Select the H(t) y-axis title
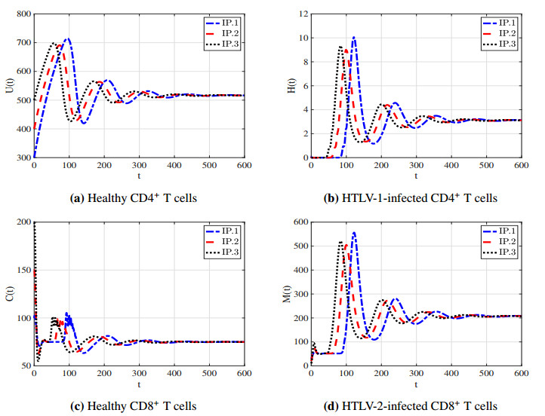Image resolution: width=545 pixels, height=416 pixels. tap(289, 86)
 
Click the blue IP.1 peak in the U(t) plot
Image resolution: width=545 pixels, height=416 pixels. tap(68, 38)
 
